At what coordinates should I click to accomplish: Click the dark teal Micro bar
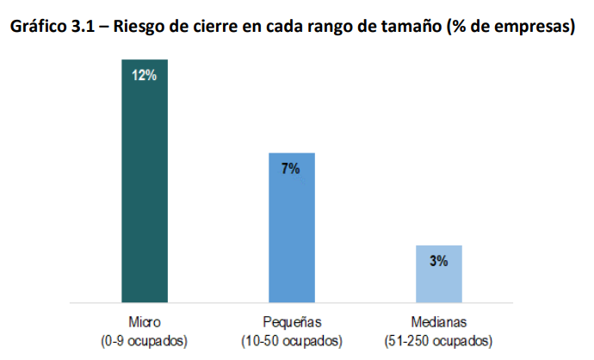coord(144,181)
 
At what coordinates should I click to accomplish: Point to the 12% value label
coord(144,75)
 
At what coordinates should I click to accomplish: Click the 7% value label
coord(291,168)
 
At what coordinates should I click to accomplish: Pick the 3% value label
coord(438,261)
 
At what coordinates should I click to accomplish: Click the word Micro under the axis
coord(143,322)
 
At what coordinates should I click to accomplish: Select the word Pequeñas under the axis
coord(292,322)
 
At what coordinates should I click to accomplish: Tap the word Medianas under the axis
coord(439,322)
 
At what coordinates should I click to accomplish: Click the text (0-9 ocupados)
coord(143,340)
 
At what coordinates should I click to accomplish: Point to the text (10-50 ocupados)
coord(292,340)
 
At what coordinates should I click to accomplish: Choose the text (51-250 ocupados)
coord(439,340)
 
